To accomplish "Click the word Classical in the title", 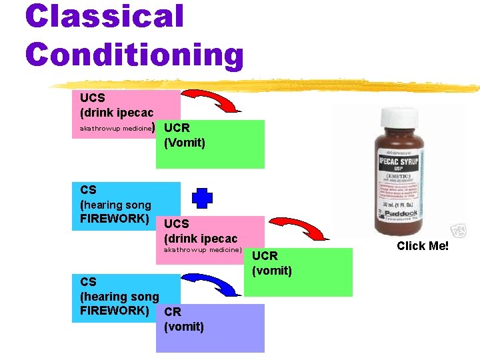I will pos(104,16).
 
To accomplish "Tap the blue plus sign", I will pos(203,198).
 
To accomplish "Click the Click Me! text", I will pos(423,246).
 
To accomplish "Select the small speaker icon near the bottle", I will pos(459,231).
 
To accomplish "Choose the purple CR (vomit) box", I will pos(210,328).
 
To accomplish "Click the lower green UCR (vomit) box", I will pos(298,272).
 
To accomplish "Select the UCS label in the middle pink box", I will pos(177,224).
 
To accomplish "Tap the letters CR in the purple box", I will pos(173,311).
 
